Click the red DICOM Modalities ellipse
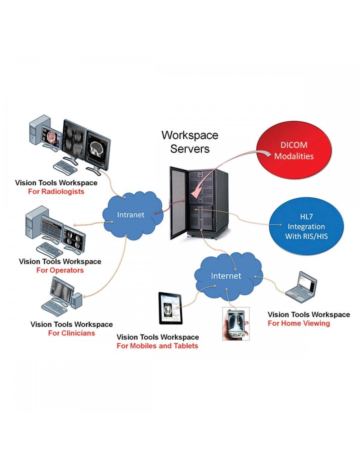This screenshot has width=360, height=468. [x=293, y=151]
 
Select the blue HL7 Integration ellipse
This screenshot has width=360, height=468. [x=306, y=227]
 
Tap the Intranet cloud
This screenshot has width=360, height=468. [x=131, y=215]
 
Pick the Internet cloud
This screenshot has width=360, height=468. [x=226, y=276]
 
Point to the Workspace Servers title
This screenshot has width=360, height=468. [x=190, y=142]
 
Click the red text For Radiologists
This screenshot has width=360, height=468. [x=56, y=192]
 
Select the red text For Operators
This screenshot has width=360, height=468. [x=60, y=270]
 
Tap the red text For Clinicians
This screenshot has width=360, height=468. [x=72, y=333]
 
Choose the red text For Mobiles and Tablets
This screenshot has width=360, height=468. [x=157, y=346]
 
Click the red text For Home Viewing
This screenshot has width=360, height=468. [x=299, y=323]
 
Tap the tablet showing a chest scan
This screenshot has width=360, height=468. [x=171, y=308]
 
